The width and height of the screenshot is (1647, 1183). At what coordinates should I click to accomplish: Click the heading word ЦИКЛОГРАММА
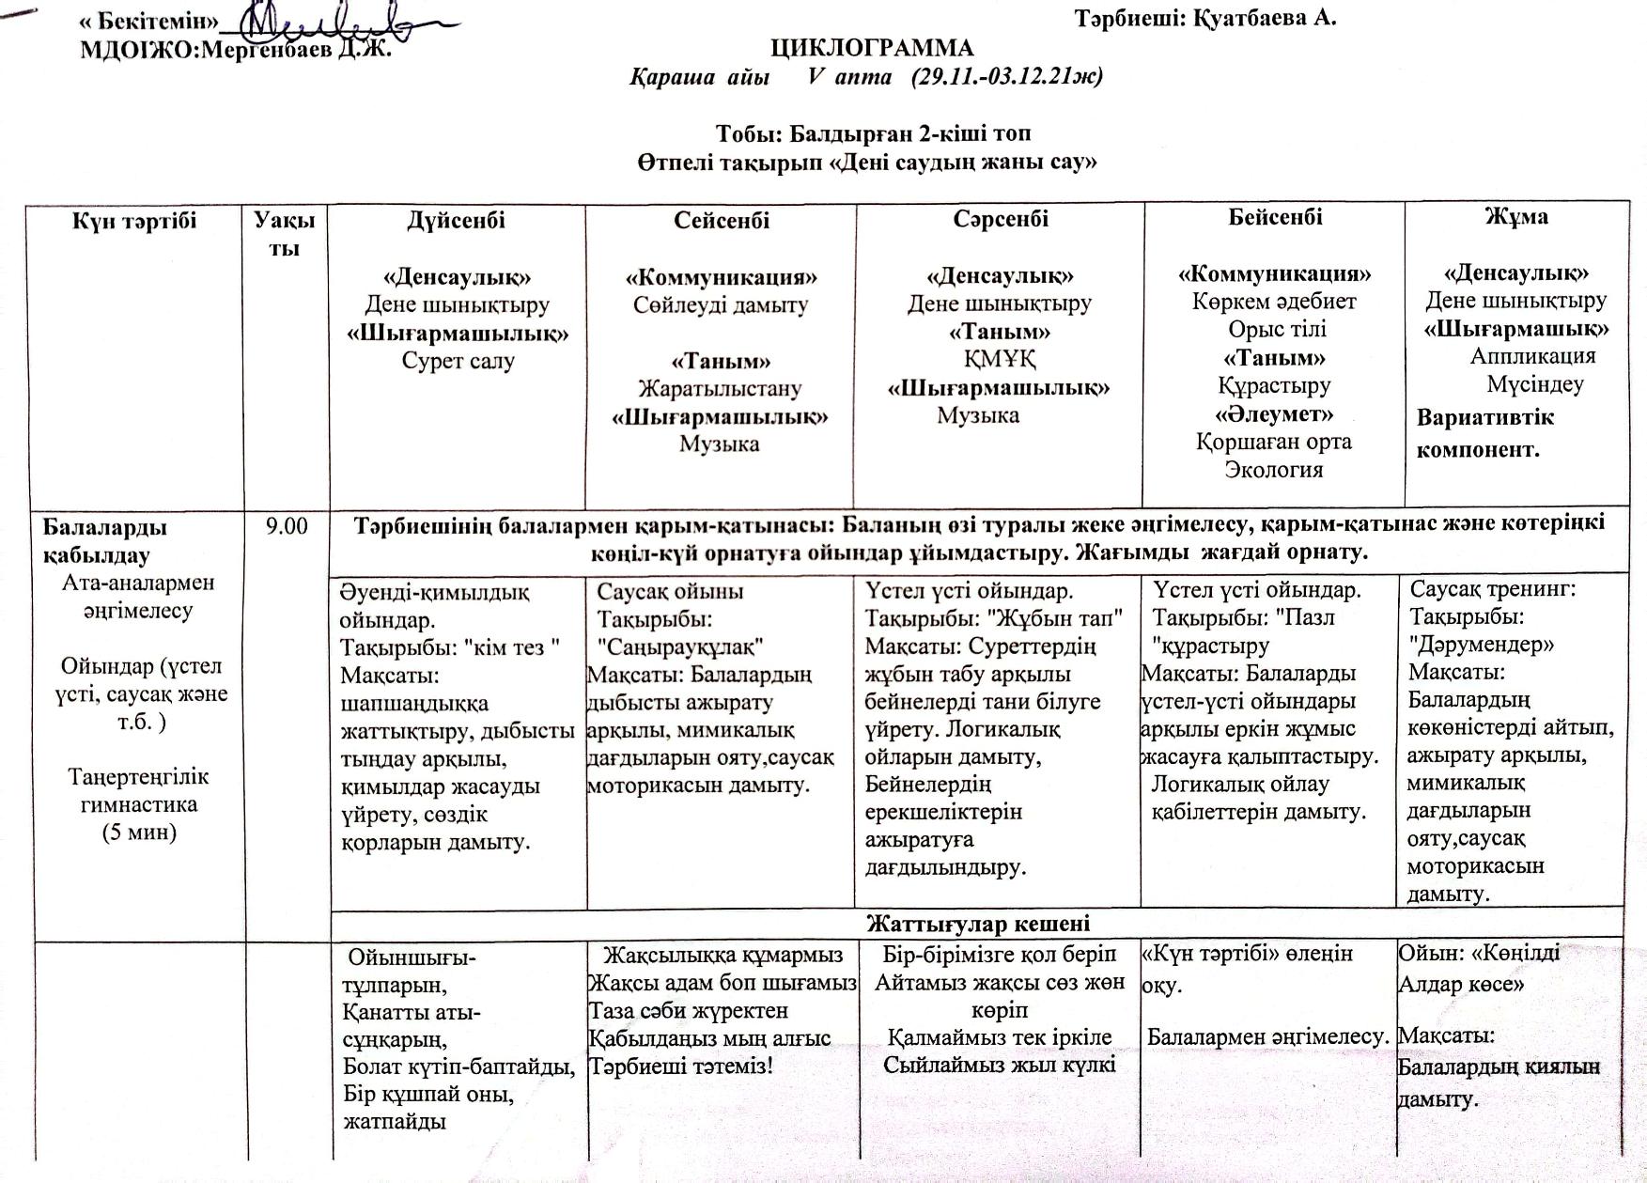[x=872, y=48]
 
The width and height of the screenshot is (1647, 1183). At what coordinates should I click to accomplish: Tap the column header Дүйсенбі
[x=457, y=220]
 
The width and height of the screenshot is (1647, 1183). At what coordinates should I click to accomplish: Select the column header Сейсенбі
[x=722, y=220]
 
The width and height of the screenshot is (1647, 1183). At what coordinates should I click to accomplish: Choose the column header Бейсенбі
[x=1275, y=217]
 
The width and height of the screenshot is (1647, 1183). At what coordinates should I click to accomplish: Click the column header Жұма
[x=1516, y=216]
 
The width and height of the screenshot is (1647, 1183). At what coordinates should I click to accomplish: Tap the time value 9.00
[x=287, y=526]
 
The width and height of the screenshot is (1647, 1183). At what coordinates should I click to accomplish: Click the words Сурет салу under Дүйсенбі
[x=458, y=361]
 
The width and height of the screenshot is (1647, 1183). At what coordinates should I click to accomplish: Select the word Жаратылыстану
[x=720, y=388]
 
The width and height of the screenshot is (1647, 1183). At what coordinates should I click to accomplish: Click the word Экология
[x=1274, y=469]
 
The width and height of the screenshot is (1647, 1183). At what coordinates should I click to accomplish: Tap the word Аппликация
[x=1533, y=356]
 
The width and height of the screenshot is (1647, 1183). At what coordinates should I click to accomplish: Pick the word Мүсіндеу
[x=1535, y=384]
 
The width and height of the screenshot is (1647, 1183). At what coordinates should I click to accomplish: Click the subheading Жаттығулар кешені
[x=977, y=923]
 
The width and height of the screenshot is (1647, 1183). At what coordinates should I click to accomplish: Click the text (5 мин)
[x=139, y=833]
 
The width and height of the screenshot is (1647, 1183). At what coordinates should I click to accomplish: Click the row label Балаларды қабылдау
[x=105, y=540]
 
